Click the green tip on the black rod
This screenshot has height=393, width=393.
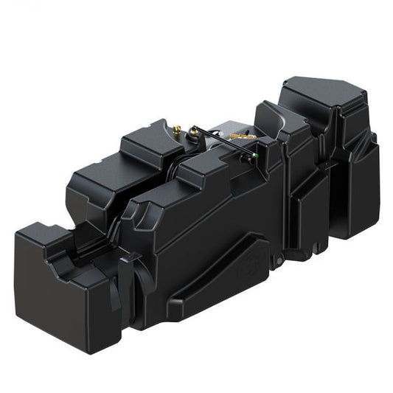(256, 155)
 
